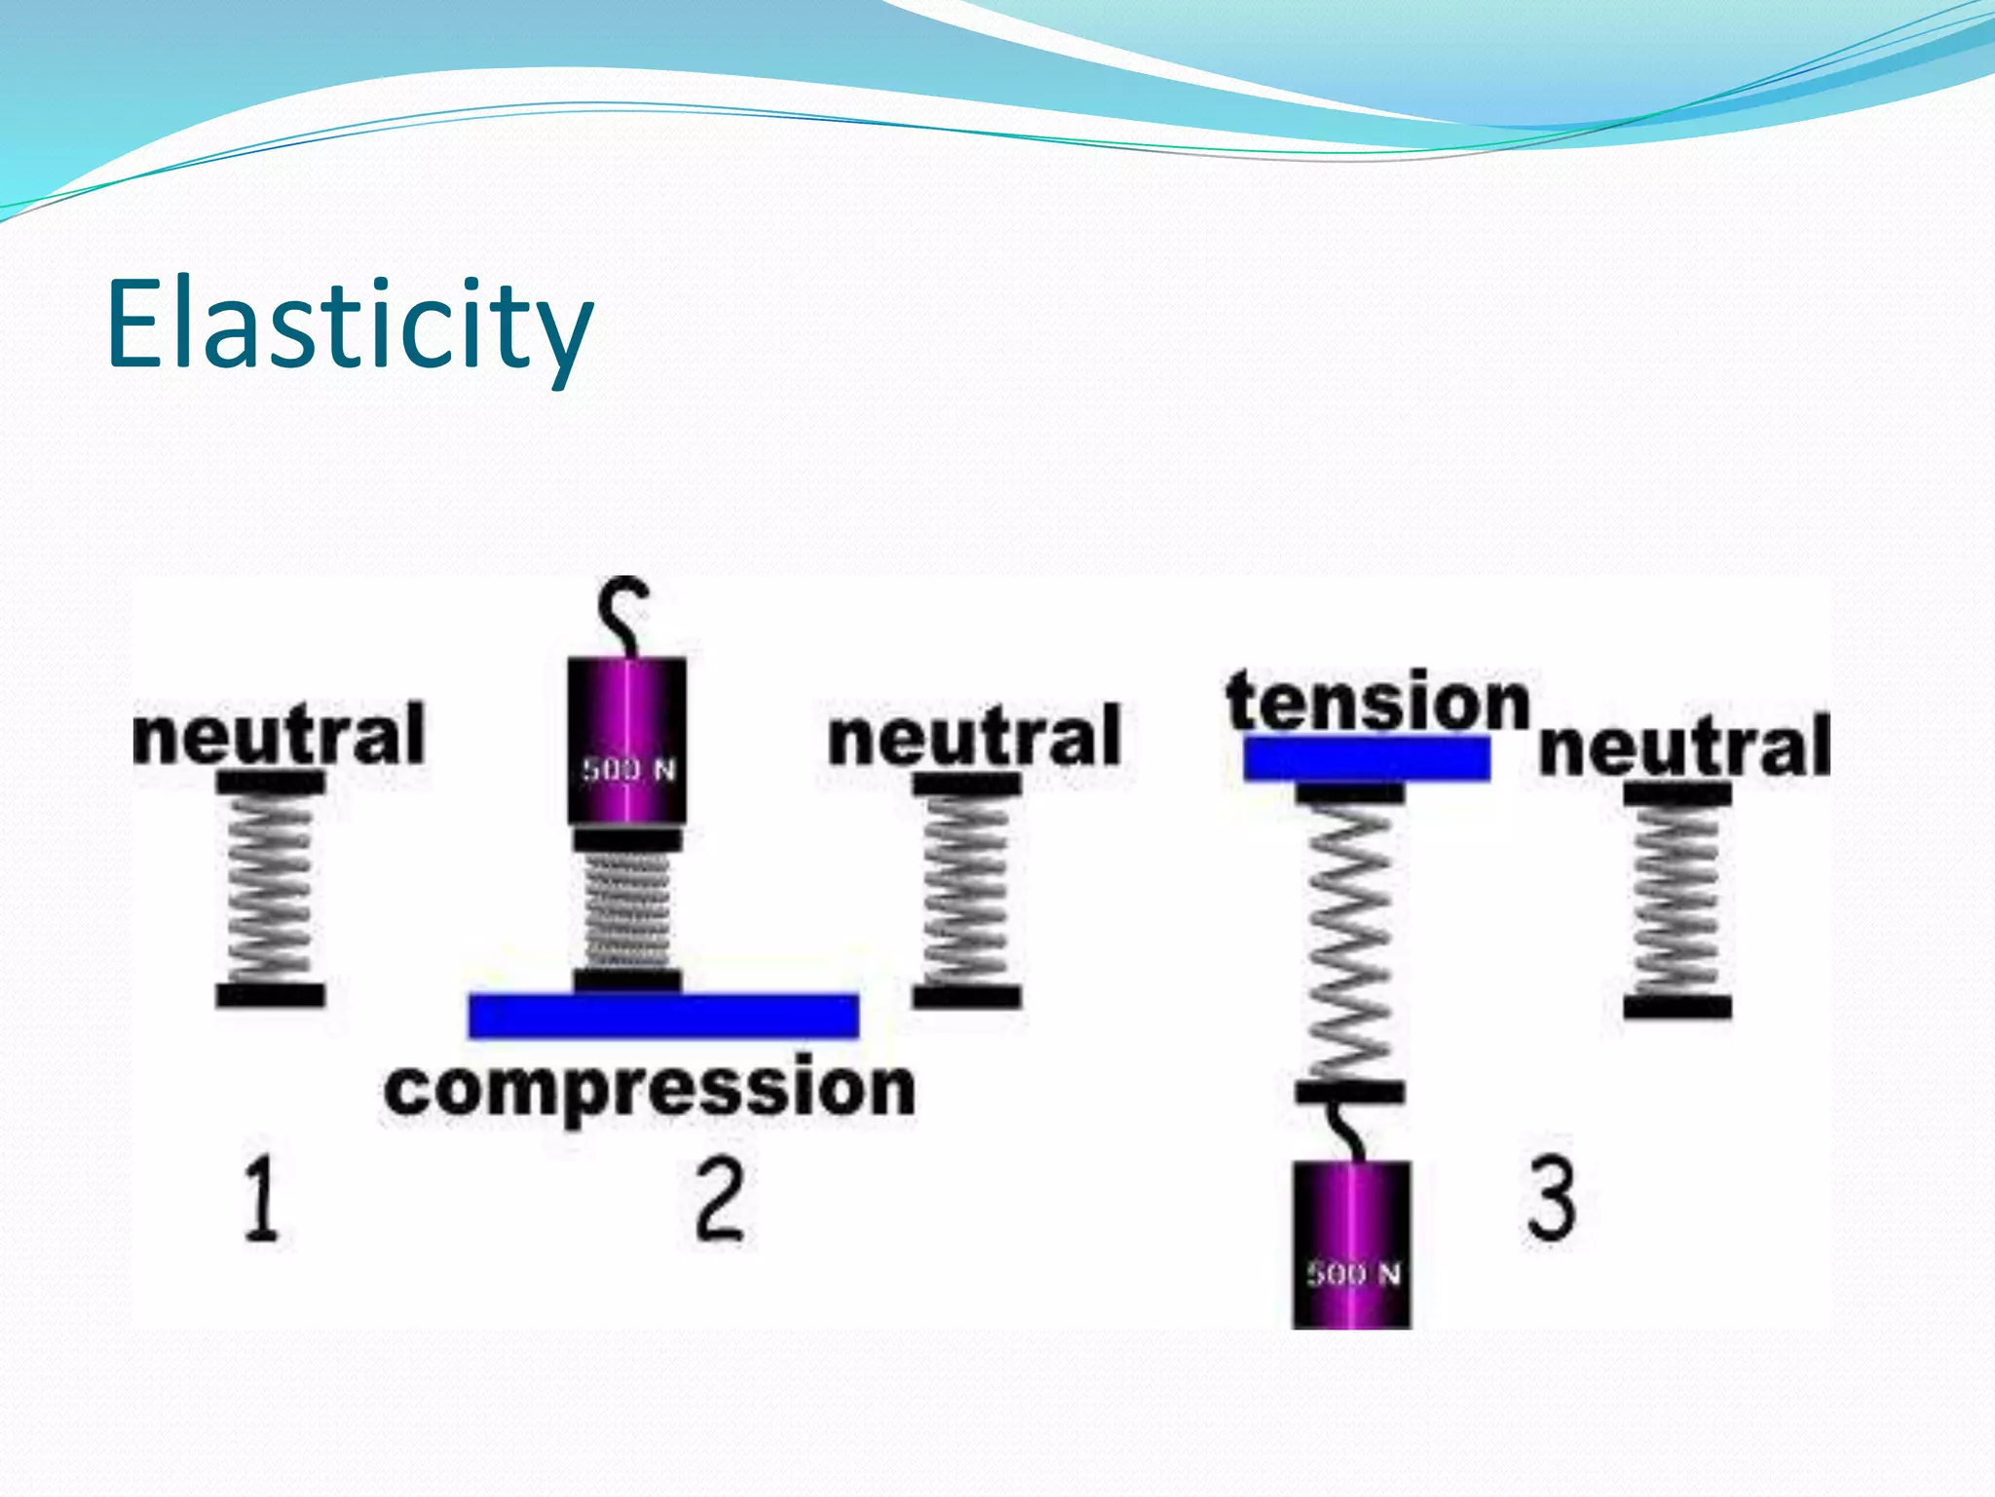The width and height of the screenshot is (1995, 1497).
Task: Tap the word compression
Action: click(650, 1089)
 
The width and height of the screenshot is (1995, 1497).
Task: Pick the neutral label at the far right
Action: click(1684, 747)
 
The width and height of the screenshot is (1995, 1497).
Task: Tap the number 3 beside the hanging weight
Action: click(1551, 1198)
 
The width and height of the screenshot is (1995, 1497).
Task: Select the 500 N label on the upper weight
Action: click(628, 770)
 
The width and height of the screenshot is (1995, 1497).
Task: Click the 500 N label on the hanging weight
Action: click(1353, 1273)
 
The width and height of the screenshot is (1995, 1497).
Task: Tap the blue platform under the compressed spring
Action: click(663, 1016)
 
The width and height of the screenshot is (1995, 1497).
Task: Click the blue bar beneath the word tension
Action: click(1367, 758)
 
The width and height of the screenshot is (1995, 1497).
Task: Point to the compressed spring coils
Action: click(627, 910)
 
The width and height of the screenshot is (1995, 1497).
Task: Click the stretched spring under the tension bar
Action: click(1349, 940)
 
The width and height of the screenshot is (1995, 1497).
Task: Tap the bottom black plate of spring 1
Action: click(270, 995)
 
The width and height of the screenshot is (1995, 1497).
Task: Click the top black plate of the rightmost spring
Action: click(1676, 794)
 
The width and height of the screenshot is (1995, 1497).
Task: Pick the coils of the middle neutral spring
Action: click(966, 889)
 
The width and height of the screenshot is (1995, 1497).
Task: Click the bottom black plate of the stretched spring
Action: click(1349, 1093)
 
